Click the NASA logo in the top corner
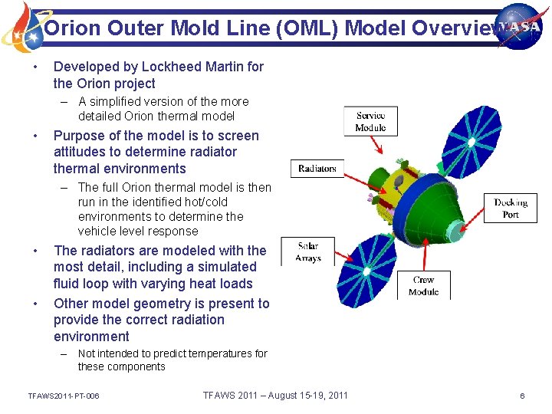(518, 25)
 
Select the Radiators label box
(317, 169)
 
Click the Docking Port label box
(511, 209)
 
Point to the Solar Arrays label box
(307, 252)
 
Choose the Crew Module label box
(423, 285)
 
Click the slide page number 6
(522, 396)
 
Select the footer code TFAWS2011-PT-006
(63, 396)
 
